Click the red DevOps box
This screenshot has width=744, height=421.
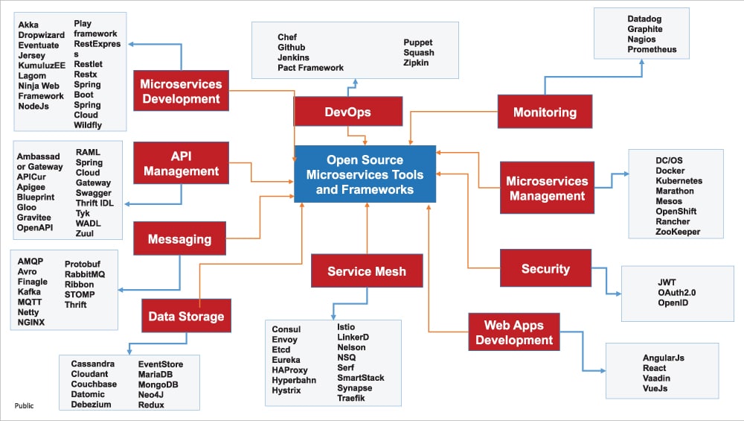coord(347,112)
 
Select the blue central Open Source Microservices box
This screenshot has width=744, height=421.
coord(365,174)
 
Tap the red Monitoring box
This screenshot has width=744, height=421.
coord(545,112)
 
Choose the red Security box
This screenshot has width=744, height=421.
coord(545,268)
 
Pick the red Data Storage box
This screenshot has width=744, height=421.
coord(186,316)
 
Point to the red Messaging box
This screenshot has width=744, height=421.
coord(179,239)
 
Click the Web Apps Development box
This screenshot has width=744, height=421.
coord(514,332)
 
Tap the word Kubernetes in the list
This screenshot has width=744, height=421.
coord(679,181)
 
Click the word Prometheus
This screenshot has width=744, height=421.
coord(652,50)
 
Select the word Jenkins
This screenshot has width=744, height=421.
coord(293,57)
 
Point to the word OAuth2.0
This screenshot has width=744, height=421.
coord(676,293)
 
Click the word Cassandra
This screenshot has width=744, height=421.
coord(93,364)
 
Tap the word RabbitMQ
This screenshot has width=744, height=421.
coord(85,274)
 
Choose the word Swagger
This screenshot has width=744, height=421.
coord(93,193)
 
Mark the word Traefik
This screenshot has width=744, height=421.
coord(351,399)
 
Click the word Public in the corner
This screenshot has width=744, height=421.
coord(25,406)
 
